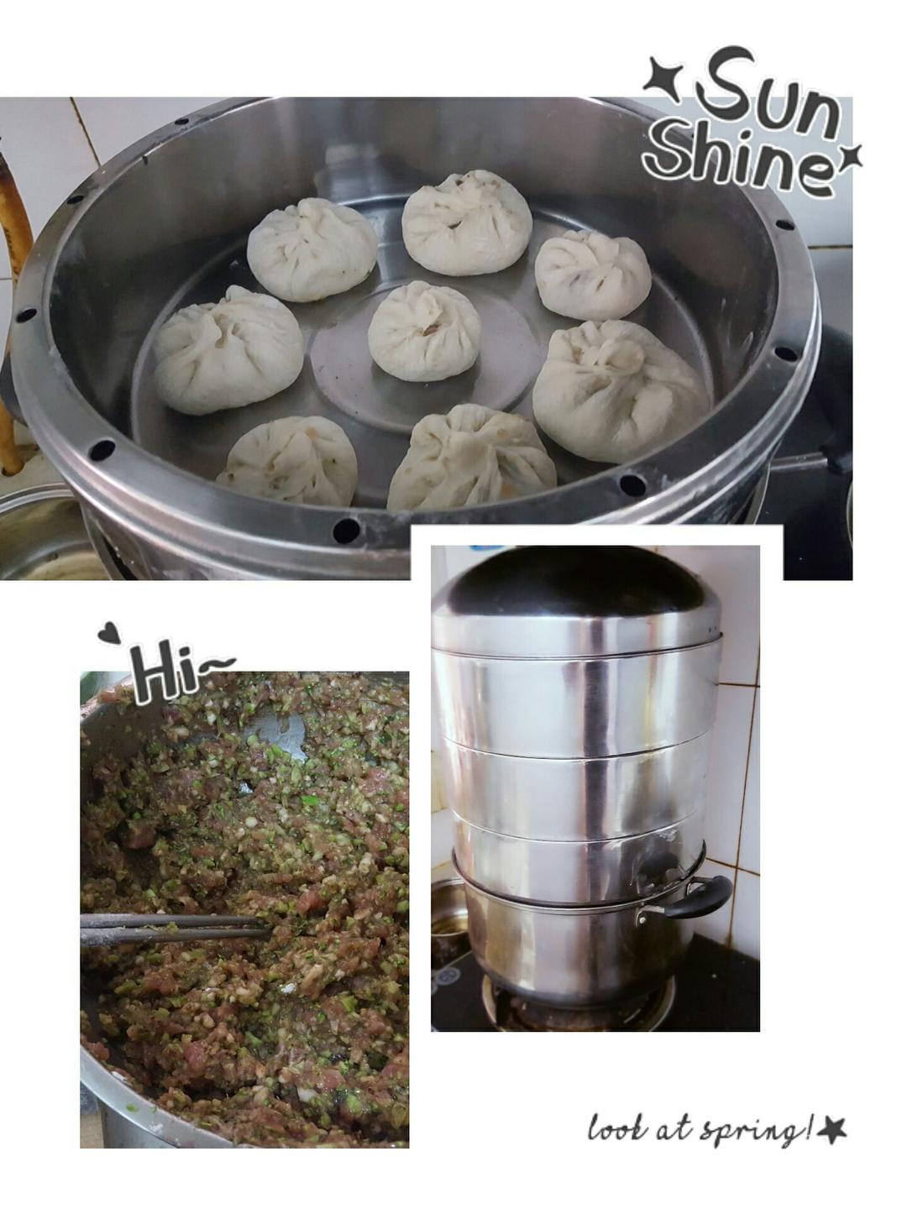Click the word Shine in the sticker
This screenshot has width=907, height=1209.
tap(738, 163)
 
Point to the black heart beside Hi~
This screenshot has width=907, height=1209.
tap(109, 631)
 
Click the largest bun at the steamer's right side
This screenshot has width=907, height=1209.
tap(621, 390)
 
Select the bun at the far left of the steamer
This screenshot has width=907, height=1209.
tap(228, 350)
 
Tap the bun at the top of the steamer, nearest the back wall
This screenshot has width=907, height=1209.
tap(466, 222)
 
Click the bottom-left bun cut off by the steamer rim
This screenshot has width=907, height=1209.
tap(289, 462)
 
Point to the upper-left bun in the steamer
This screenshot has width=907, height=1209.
tap(312, 249)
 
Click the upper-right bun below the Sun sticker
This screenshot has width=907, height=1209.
tap(593, 275)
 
